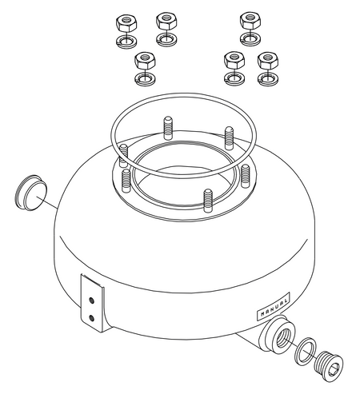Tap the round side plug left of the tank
(29, 189)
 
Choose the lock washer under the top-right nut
(250, 38)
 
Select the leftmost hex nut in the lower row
(145, 61)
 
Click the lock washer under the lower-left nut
(145, 79)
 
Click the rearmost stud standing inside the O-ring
(168, 128)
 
